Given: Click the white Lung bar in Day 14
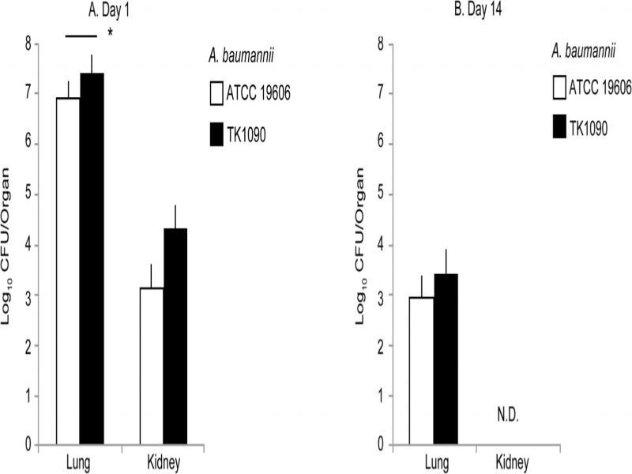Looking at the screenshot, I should pos(422,371).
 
